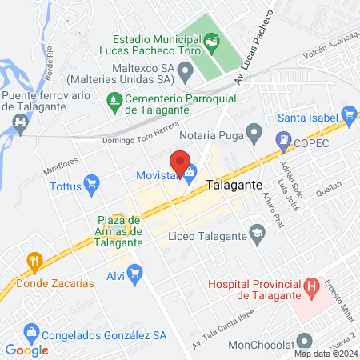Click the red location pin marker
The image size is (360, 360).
tap(180, 161)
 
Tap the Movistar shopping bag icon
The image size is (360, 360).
tap(190, 170)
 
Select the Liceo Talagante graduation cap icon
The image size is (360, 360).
tap(258, 235)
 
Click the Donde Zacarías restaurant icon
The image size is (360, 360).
tap(34, 260)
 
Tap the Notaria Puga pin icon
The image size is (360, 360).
tap(254, 131)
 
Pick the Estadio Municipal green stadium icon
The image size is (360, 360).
tap(211, 39)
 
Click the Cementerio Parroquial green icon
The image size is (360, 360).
tap(114, 100)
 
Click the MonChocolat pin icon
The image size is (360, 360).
tap(304, 340)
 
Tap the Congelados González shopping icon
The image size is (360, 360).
tap(30, 330)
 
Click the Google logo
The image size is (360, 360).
tap(26, 350)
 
